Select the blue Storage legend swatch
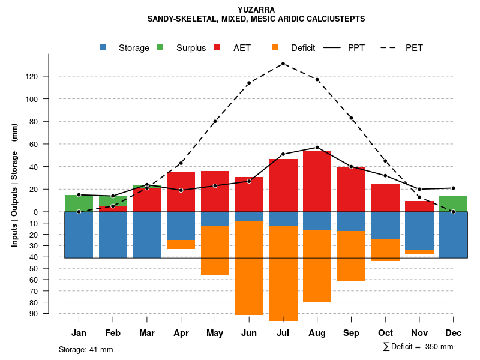[x=103, y=48]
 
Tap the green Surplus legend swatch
[x=160, y=48]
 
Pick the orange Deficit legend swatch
[x=275, y=48]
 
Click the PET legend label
[x=414, y=48]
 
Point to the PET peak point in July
[x=283, y=64]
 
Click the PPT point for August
[x=317, y=147]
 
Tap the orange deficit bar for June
[x=249, y=268]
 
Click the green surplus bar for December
[x=453, y=203]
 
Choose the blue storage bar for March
[x=147, y=235]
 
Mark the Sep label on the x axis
[x=351, y=333]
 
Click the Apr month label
[x=181, y=333]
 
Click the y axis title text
[x=14, y=185]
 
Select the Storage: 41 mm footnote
[x=86, y=349]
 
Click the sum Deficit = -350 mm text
[x=418, y=347]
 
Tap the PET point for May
[x=215, y=121]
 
